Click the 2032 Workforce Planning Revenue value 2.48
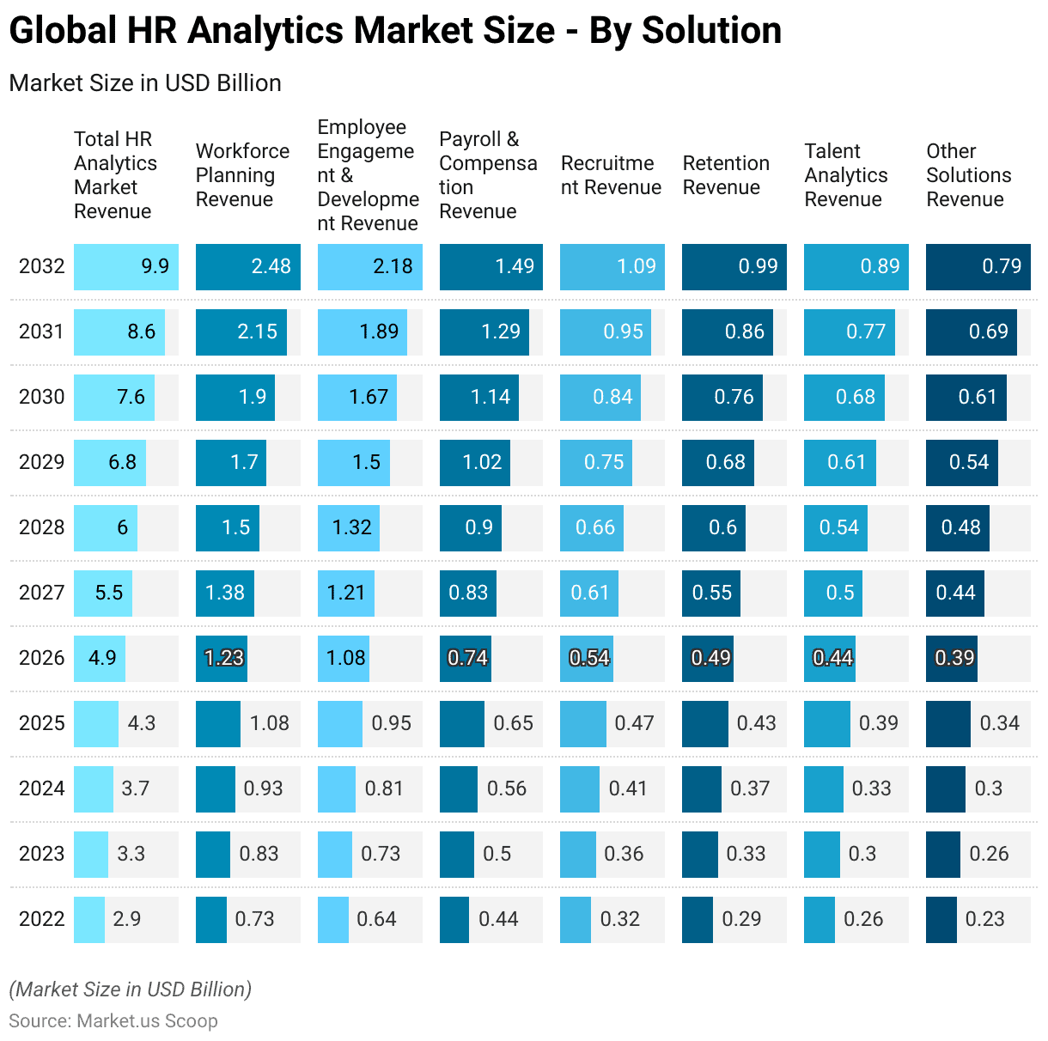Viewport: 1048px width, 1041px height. [271, 266]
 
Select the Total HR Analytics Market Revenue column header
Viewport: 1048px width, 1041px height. [115, 175]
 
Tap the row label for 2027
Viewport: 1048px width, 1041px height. [41, 593]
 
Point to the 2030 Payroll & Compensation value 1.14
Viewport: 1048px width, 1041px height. [490, 397]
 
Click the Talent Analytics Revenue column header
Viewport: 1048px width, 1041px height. [846, 175]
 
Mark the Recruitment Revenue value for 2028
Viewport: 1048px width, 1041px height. [594, 527]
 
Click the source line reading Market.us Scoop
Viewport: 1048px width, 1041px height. [113, 1021]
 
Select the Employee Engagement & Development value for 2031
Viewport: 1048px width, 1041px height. [379, 332]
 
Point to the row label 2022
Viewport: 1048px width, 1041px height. [41, 919]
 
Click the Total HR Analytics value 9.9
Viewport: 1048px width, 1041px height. [155, 266]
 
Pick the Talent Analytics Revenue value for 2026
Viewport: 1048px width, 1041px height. [832, 658]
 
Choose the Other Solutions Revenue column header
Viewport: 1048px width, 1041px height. [968, 175]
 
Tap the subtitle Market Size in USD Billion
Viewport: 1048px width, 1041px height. [145, 83]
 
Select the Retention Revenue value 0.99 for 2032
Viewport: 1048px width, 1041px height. [758, 266]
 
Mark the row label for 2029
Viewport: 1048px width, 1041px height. [41, 462]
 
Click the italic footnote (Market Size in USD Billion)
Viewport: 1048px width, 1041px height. [131, 989]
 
